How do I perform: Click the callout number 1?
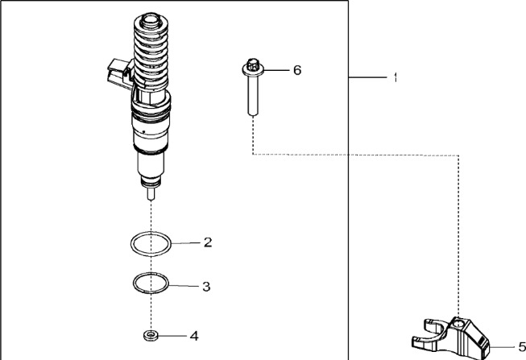pos(396,77)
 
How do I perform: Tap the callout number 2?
pos(208,242)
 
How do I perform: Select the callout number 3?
pos(206,287)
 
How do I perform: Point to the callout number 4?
pos(194,336)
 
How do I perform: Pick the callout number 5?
pos(522,346)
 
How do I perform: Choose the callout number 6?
pos(297,70)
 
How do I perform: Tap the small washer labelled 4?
pos(151,335)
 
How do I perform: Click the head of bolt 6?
pos(253,68)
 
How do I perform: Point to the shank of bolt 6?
pos(253,96)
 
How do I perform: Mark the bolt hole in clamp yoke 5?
pos(458,325)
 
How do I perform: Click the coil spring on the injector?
pos(151,54)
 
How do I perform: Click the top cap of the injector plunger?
pos(151,22)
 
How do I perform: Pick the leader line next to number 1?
pos(368,77)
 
